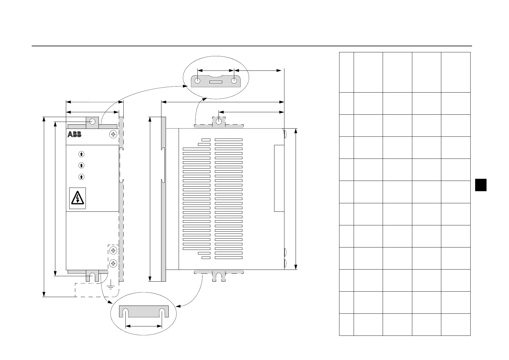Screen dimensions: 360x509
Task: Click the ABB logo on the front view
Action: [74, 134]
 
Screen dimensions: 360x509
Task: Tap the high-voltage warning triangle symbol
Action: [78, 198]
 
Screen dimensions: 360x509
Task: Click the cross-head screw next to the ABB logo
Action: [113, 134]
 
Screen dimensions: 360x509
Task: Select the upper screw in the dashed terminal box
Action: [113, 250]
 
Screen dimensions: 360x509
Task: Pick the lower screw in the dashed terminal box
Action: [113, 263]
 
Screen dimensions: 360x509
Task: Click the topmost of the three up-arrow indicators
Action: [81, 154]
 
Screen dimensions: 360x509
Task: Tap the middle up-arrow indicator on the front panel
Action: [81, 165]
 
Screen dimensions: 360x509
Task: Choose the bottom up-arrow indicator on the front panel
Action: [81, 177]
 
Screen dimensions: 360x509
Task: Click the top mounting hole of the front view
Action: [92, 122]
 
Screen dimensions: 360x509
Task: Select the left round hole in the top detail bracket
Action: [197, 81]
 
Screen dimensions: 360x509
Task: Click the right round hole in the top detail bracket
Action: [234, 81]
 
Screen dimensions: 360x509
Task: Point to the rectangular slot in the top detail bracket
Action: [216, 82]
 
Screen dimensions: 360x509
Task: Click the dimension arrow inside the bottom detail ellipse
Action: [144, 326]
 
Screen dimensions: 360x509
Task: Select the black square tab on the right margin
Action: [481, 185]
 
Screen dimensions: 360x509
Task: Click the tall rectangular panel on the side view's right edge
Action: [279, 178]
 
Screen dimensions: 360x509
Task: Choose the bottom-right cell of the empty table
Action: [456, 325]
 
